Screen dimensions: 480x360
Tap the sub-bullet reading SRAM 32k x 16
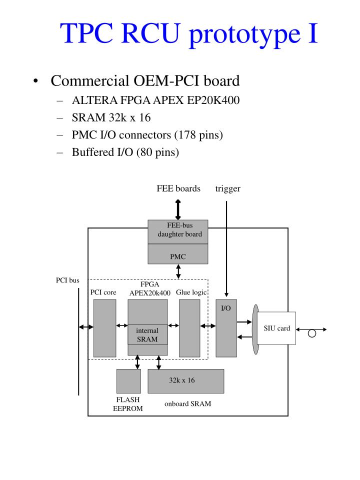(111, 118)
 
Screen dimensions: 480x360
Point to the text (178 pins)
(198, 135)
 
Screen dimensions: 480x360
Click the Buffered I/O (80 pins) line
(125, 152)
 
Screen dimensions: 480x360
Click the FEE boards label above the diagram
(178, 188)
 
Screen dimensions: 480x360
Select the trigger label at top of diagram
(227, 188)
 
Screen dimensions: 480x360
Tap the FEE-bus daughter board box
(178, 231)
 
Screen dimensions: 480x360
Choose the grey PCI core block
(104, 327)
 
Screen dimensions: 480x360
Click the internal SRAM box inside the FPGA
(147, 335)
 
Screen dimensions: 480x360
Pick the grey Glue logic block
(189, 327)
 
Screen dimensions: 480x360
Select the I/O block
(226, 327)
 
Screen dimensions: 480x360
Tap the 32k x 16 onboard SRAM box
(185, 381)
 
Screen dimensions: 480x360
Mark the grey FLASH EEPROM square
(128, 381)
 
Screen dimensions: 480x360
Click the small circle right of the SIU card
(312, 333)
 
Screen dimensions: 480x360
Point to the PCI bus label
(67, 280)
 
